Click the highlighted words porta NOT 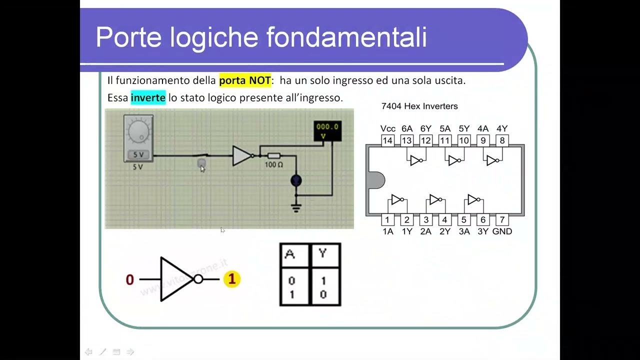[245, 80]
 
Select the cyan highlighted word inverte [148, 98]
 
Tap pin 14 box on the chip [387, 140]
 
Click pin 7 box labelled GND [502, 220]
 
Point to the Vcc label [387, 128]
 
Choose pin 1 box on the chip [387, 220]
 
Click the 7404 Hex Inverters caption [419, 106]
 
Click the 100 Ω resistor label [273, 164]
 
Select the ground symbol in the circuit [296, 207]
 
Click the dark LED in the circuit [296, 180]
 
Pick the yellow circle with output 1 [231, 279]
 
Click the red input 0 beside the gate [130, 280]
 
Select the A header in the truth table [290, 254]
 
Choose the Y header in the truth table [323, 254]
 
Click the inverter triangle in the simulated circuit [241, 156]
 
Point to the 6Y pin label [425, 128]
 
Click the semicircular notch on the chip [375, 180]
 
